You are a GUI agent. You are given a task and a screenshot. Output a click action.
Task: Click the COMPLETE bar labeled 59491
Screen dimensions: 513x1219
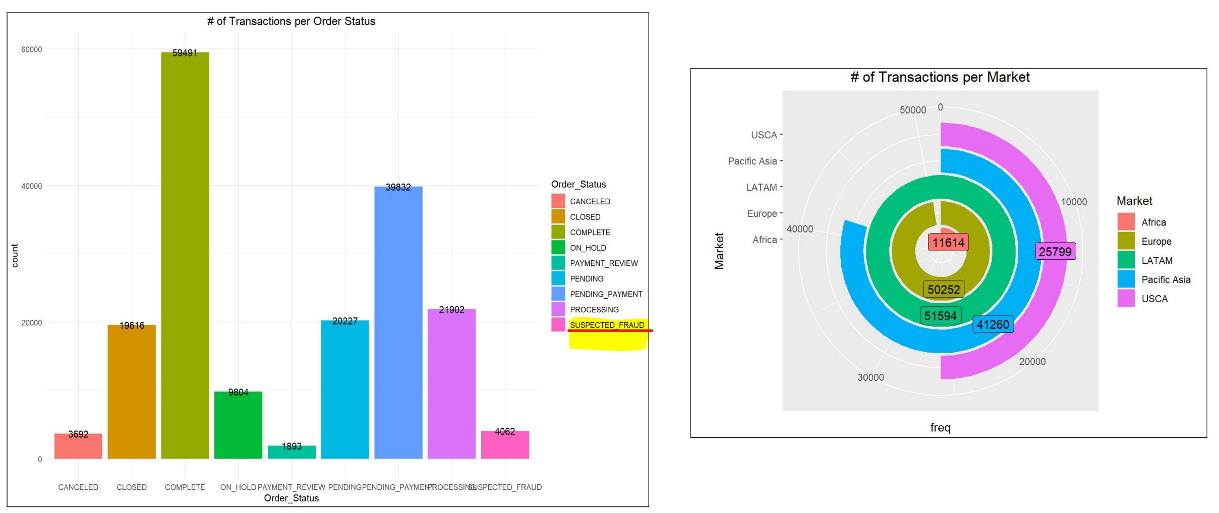click(185, 252)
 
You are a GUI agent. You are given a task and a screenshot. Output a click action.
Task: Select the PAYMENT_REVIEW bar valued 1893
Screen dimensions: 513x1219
click(292, 452)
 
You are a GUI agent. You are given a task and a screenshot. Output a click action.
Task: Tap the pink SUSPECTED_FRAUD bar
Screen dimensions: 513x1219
click(505, 445)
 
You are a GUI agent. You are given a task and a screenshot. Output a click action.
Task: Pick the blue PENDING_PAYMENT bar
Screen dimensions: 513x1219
click(398, 323)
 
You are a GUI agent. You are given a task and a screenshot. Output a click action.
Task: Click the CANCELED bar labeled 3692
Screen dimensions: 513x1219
click(78, 446)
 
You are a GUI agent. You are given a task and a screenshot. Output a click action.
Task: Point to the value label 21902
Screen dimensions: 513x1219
click(451, 310)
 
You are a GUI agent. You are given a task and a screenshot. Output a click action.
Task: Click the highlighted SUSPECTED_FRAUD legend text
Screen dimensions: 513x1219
click(607, 325)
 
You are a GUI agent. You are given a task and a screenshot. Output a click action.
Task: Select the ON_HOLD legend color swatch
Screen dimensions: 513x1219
click(558, 248)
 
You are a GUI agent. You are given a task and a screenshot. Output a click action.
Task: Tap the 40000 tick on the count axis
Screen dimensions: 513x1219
click(31, 186)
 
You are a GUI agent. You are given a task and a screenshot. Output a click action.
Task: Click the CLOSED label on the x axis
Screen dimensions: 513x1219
click(131, 487)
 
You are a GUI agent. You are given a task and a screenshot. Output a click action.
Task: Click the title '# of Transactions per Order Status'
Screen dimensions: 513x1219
click(291, 21)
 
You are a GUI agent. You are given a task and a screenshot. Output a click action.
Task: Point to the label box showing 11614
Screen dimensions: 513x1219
click(948, 243)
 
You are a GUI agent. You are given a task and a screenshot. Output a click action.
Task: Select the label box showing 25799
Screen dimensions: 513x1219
click(1055, 252)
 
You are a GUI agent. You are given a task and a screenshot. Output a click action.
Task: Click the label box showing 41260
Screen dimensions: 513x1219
click(993, 324)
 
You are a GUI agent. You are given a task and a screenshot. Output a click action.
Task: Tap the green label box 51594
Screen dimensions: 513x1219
click(940, 316)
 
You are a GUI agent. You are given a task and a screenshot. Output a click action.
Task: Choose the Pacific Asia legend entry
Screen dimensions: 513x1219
click(1166, 279)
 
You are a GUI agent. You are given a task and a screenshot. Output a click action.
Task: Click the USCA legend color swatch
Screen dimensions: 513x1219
click(1126, 299)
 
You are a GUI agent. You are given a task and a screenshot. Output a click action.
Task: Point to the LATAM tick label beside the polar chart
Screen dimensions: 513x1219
click(761, 187)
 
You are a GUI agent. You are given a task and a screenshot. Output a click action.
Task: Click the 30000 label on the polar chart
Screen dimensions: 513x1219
click(870, 377)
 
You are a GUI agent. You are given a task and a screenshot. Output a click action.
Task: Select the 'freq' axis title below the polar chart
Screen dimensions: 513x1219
click(940, 428)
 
